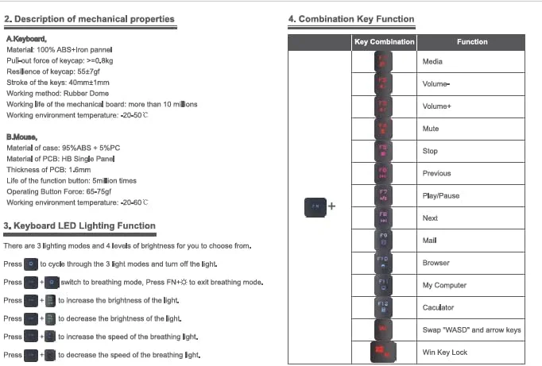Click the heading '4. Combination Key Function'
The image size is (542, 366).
350,19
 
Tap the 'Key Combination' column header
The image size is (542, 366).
383,42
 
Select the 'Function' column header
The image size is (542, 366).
472,42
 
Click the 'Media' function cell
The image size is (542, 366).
433,62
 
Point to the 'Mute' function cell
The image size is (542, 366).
431,129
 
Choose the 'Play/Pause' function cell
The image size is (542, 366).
441,196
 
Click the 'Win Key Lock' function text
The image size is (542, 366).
445,353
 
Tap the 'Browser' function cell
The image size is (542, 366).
436,263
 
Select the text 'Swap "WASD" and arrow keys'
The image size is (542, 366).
471,329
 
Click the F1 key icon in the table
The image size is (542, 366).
383,62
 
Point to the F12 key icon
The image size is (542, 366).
383,307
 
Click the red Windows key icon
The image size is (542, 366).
383,352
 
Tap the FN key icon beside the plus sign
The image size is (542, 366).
316,206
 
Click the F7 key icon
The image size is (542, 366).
383,195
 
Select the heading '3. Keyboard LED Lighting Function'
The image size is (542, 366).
79,226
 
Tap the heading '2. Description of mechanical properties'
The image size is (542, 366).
89,19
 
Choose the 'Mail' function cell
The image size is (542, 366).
430,241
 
